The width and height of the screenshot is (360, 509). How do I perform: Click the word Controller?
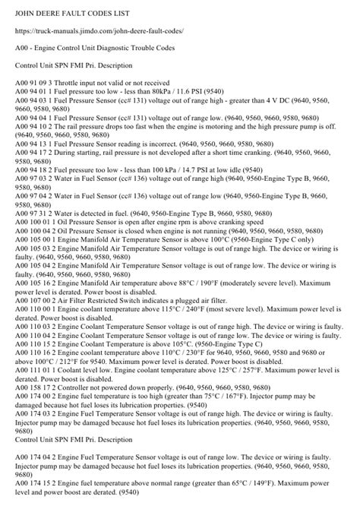click(x=91, y=428)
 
